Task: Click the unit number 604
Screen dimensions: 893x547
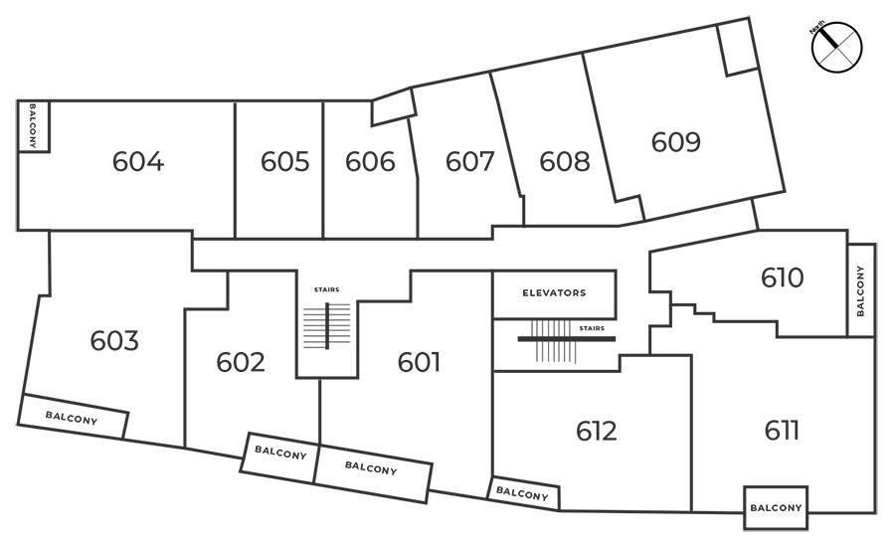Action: coord(138,161)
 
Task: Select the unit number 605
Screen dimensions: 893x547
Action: coord(284,161)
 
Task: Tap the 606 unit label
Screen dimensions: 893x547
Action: coord(370,161)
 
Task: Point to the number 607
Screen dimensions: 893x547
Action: coord(469,161)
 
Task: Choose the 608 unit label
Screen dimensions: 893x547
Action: coord(565,161)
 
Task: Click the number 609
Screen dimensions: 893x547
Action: coord(676,142)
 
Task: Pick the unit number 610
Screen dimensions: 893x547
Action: coord(782,277)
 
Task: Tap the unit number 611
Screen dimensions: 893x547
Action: coord(782,431)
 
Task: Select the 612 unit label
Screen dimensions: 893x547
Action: coord(597,431)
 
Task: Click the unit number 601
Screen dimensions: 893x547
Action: coord(419,362)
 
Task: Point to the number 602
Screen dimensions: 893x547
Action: coord(241,362)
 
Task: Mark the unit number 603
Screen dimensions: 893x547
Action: coord(114,341)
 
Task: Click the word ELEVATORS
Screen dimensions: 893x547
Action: coord(554,292)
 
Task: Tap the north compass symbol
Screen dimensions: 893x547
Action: coord(836,48)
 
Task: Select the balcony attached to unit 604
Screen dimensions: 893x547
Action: coord(33,126)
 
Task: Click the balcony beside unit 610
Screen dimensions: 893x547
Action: coord(861,290)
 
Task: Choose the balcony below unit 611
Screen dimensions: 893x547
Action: coord(776,507)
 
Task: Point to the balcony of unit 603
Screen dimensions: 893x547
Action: coord(73,417)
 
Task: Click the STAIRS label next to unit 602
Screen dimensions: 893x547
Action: coord(327,289)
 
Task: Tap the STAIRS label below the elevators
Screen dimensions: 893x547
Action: coord(592,328)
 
